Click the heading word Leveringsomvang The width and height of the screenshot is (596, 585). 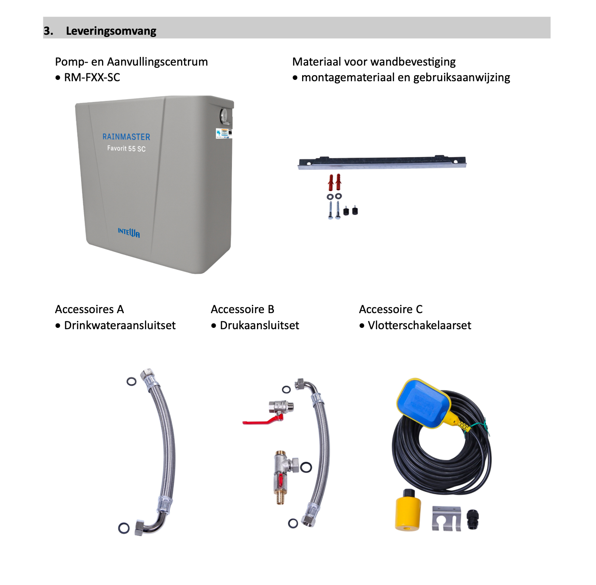111,31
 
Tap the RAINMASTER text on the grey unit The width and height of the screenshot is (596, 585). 126,137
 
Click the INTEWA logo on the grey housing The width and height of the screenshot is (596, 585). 129,232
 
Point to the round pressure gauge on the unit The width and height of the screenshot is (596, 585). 224,116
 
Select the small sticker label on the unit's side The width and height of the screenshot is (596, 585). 224,133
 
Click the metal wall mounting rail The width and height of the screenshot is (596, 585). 382,162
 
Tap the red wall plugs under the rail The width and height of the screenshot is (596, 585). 334,182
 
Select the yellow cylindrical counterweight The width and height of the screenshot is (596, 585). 408,514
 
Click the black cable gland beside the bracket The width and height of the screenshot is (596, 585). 473,519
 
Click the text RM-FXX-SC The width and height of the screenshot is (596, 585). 92,77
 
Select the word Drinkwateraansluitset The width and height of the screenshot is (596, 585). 120,325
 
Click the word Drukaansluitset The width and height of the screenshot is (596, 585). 260,325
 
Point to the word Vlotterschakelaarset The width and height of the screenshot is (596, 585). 419,325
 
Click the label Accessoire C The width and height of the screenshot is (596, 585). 391,309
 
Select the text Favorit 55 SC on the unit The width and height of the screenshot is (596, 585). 126,149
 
